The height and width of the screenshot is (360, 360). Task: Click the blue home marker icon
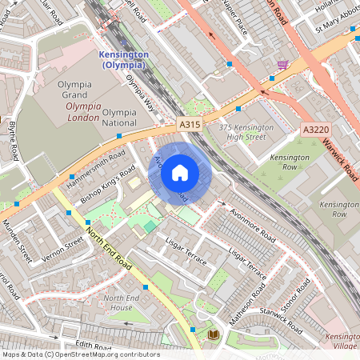coord(180,172)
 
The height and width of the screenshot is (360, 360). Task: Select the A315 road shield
coord(189,126)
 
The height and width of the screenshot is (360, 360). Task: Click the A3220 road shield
coord(316,130)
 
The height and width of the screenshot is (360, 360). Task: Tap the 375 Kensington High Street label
coord(246,133)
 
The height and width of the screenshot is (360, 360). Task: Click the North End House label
coord(118,302)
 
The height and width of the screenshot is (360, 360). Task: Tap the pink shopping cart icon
coord(282,64)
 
